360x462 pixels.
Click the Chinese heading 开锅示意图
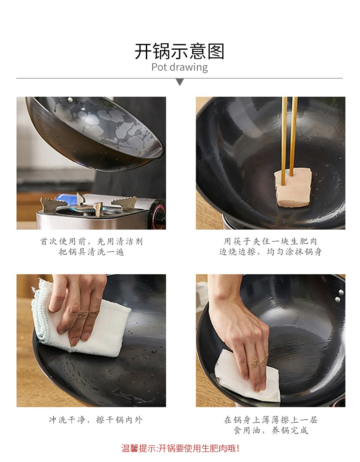tap(180, 51)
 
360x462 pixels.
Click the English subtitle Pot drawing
tap(180, 67)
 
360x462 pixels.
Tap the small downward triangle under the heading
tap(180, 82)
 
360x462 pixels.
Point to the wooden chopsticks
tap(289, 139)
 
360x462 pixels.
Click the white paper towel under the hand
tap(247, 376)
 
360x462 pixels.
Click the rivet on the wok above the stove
tap(70, 100)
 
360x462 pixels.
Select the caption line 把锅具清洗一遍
tap(91, 252)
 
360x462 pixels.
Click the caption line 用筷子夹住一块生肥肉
tap(270, 241)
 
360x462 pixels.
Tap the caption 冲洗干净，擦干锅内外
tap(96, 420)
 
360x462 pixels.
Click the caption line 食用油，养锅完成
tap(270, 430)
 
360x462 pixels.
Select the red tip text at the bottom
tap(180, 448)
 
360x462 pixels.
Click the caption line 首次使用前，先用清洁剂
tap(91, 241)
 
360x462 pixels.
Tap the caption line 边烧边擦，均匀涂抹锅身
tap(270, 252)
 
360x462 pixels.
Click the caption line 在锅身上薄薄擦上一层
tap(270, 420)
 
